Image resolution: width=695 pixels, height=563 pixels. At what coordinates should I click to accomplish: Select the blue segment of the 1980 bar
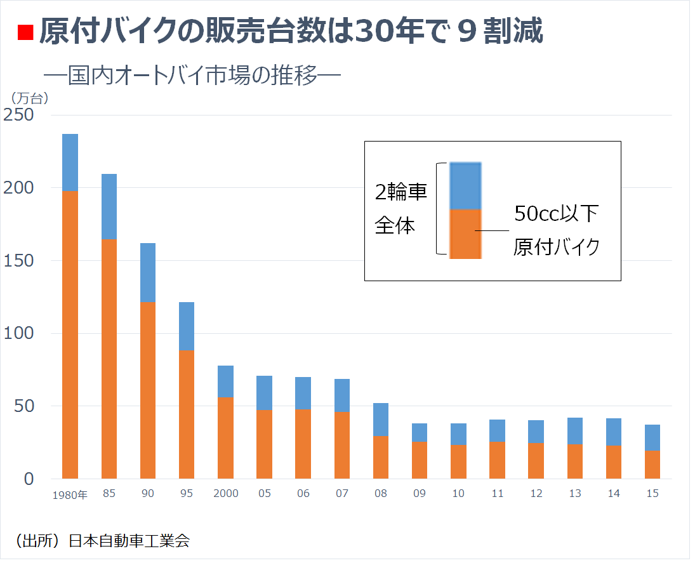[70, 162]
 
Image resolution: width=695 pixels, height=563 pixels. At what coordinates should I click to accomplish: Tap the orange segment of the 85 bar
[109, 359]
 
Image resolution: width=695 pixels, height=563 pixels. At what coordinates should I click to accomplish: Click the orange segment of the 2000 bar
[225, 437]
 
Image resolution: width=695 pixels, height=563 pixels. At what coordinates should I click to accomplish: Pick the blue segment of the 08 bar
[381, 420]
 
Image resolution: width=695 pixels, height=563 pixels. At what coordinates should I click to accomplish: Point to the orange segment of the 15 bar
[652, 464]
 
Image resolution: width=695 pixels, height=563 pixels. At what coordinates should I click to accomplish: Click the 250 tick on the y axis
[18, 116]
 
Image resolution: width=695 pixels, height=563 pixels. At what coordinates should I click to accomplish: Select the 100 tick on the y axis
[18, 334]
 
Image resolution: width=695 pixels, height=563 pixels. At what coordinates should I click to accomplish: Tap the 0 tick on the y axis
[28, 479]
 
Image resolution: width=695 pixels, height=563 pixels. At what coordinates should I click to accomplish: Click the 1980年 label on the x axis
[70, 495]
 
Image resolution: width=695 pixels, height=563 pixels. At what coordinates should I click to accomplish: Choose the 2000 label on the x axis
[225, 494]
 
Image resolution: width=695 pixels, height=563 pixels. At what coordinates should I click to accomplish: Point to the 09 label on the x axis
[420, 494]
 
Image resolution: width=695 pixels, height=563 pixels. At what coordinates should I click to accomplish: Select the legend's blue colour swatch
[465, 185]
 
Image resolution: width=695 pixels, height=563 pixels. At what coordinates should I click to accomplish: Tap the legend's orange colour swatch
[465, 234]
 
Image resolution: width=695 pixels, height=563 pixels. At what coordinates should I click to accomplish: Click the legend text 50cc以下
[556, 214]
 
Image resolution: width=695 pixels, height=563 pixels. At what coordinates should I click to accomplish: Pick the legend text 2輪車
[400, 192]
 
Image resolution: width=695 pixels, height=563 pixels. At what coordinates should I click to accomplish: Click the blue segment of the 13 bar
[575, 430]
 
